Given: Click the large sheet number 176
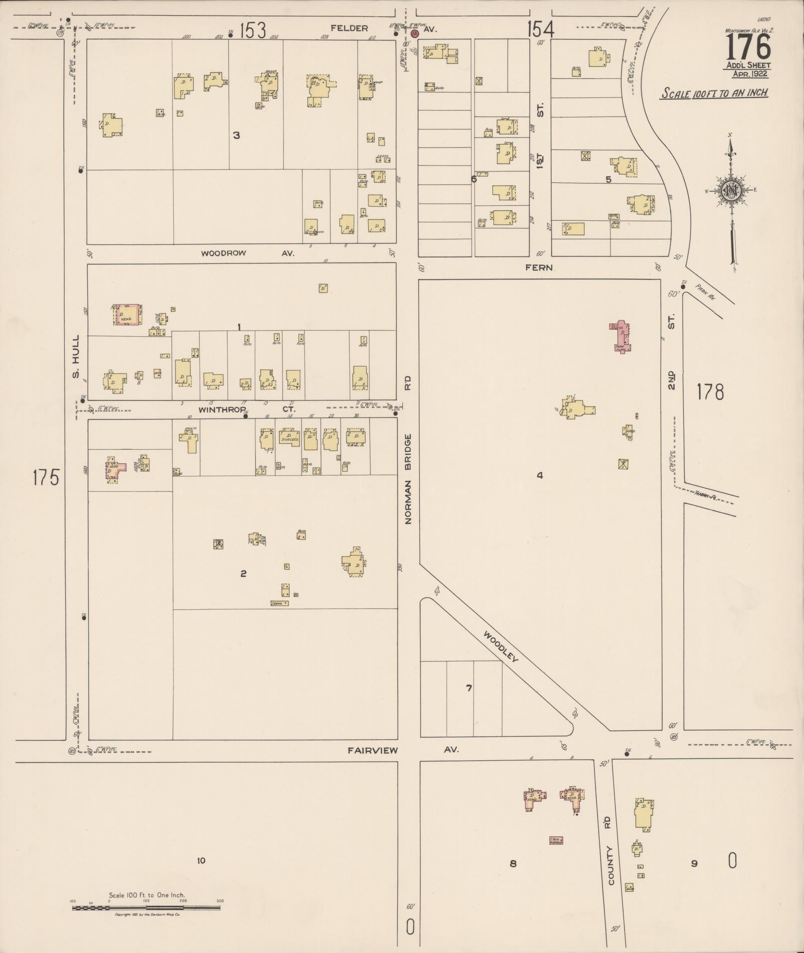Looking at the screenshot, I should point(748,48).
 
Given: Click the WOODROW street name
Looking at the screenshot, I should point(223,253).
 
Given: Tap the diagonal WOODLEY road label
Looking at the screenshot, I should point(500,647).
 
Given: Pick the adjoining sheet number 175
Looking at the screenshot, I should point(46,477).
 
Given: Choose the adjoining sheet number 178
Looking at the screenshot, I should point(710,392).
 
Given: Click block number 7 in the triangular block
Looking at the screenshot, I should point(469,688).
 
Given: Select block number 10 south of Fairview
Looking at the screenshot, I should point(201,860).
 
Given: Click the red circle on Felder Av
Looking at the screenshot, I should point(414,33).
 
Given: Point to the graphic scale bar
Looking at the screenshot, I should point(146,908).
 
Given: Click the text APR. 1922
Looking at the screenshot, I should point(750,74).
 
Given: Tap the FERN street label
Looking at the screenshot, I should point(539,268).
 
